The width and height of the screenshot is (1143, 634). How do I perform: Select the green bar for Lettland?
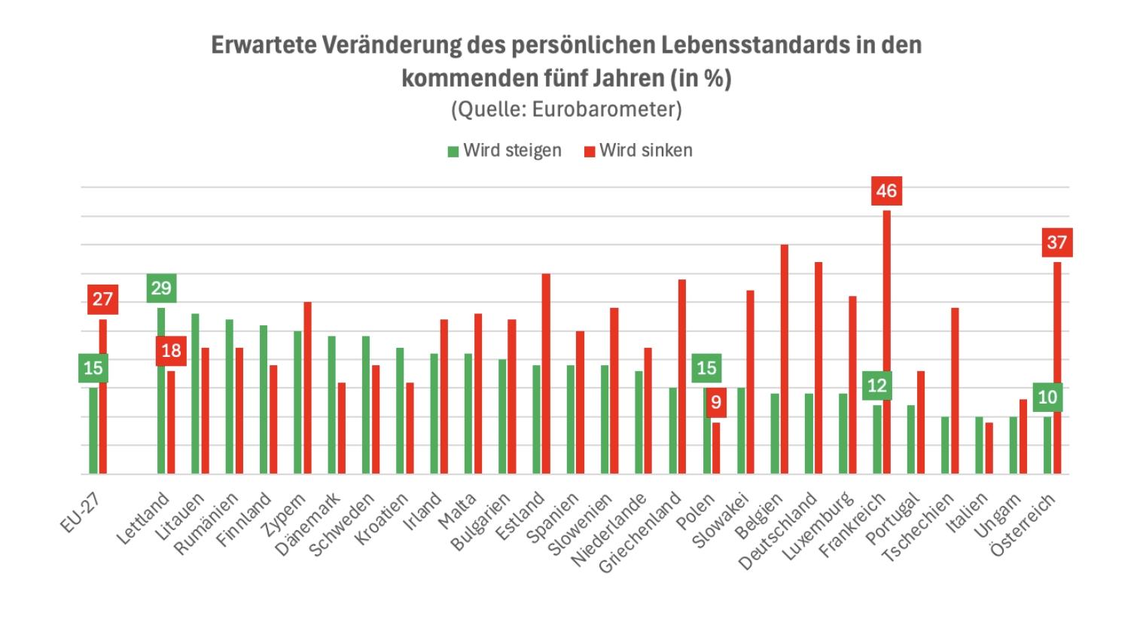160,391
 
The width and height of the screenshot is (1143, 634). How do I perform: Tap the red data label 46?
886,191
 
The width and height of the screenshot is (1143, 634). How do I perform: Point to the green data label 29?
161,288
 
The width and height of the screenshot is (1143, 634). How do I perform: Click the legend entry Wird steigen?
504,151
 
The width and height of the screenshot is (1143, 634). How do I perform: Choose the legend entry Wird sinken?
639,151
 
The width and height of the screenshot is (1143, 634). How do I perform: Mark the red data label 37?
1056,242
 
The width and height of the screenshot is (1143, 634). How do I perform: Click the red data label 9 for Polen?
715,402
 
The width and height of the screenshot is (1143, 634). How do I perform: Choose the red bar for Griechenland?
682,376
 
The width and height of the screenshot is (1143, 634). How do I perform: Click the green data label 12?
877,386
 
